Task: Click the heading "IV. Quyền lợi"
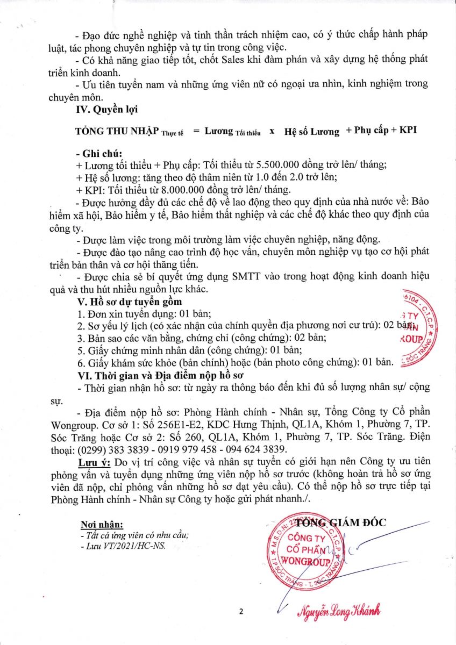107,110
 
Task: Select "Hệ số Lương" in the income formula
312,131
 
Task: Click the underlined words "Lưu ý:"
94,462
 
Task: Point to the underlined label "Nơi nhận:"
102,524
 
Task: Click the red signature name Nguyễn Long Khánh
339,611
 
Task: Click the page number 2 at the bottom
241,612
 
